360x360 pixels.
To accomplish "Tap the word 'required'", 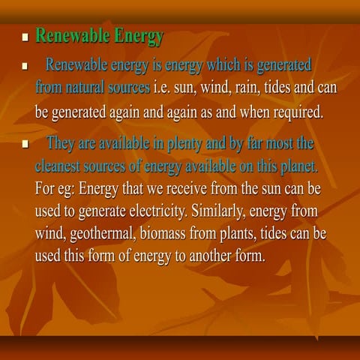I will [295, 112].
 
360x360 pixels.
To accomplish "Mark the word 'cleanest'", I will [61, 164].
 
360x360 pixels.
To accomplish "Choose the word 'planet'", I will [300, 164].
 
